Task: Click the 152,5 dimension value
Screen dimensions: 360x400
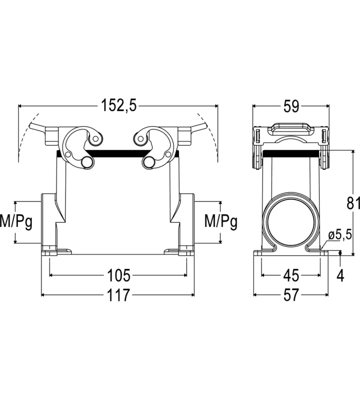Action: tap(119, 105)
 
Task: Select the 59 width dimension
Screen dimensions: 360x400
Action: tap(291, 106)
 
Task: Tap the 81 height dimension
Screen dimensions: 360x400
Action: tap(353, 203)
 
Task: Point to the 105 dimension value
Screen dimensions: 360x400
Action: tap(118, 275)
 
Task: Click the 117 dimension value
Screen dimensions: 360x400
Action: tap(118, 295)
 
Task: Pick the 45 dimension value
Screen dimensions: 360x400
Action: tap(291, 275)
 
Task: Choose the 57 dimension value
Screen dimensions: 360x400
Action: tap(291, 295)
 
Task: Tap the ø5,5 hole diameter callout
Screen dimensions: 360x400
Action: tap(340, 234)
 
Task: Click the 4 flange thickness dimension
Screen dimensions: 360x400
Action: tap(340, 275)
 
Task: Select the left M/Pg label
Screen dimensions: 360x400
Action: tap(16, 221)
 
